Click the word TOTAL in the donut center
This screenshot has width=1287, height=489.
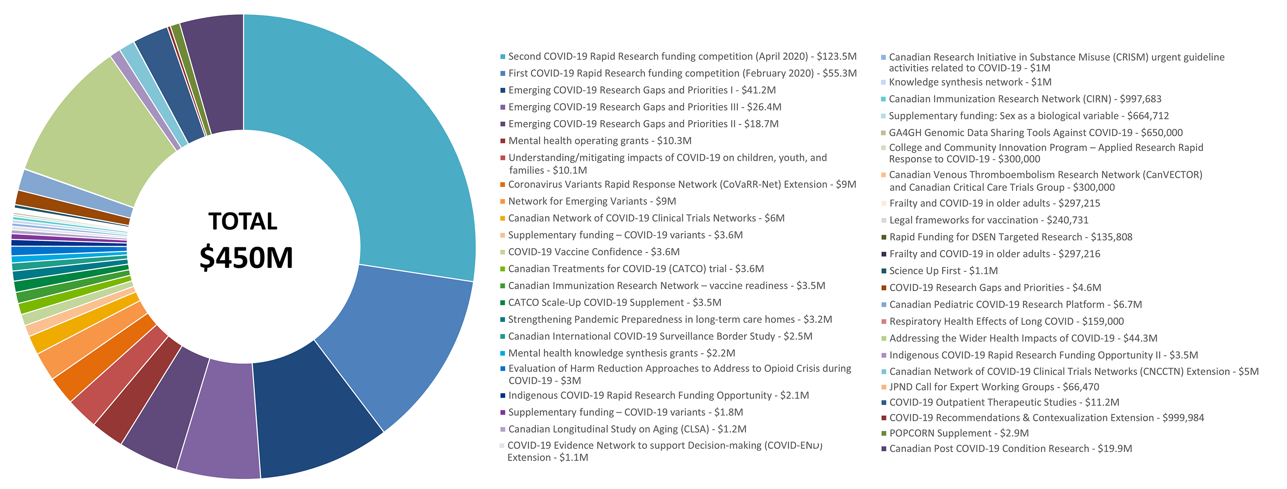(243, 221)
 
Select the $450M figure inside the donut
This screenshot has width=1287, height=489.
(246, 257)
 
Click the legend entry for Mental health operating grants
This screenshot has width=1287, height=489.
(600, 141)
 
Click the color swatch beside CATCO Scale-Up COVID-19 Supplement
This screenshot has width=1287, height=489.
(502, 303)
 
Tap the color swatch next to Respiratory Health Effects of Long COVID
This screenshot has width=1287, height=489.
(884, 322)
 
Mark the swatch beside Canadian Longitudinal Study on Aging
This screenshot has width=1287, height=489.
(502, 430)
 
